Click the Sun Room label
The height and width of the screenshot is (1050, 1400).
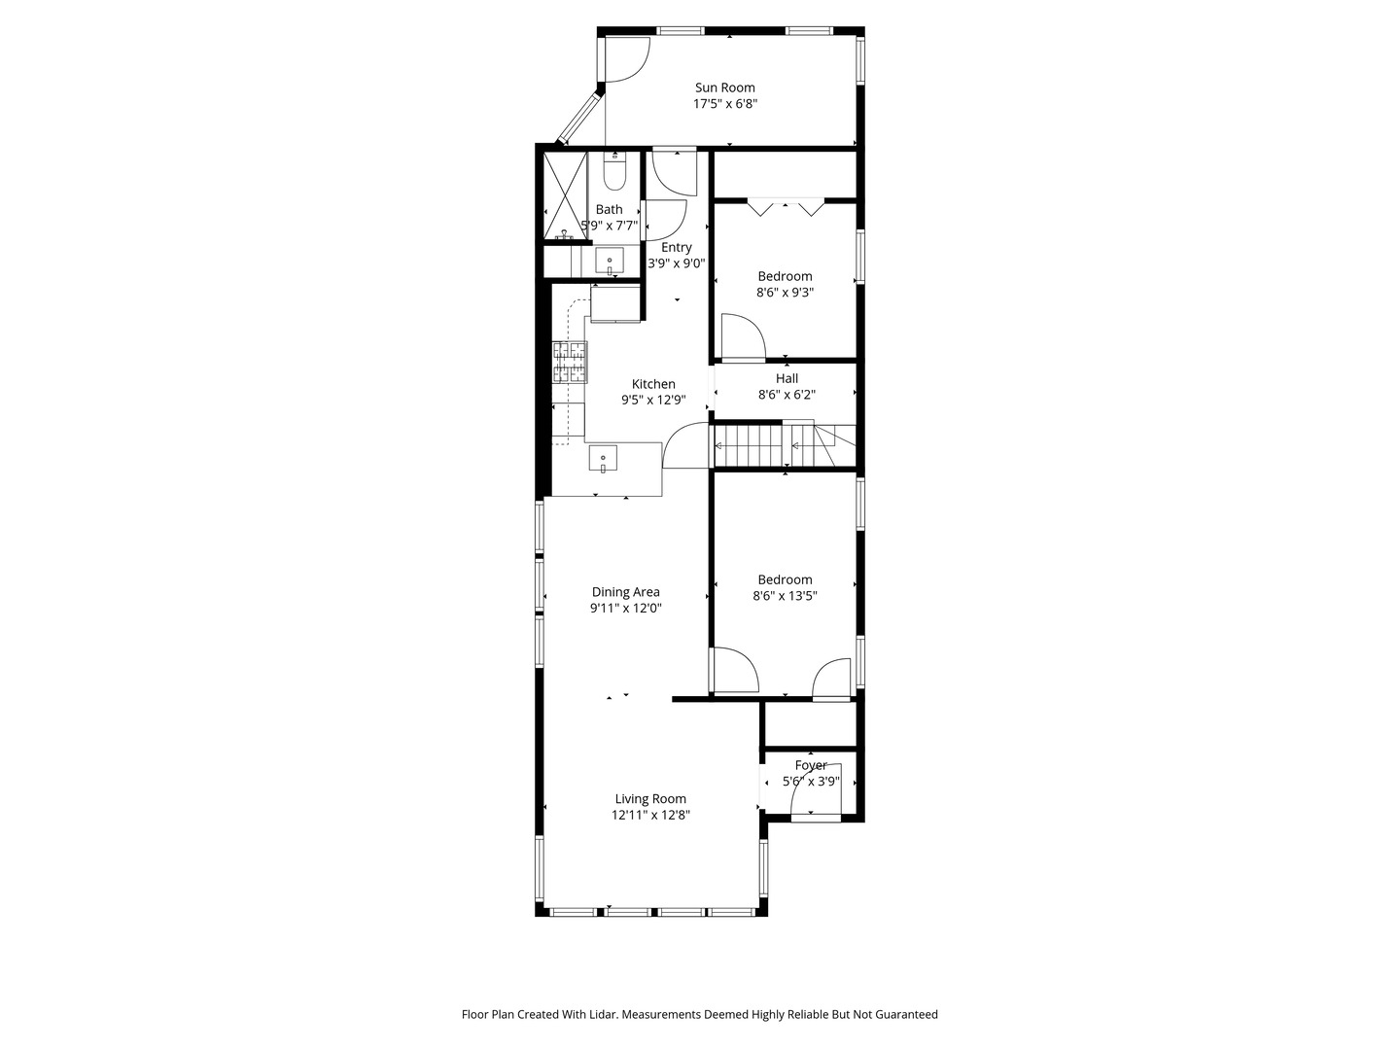[724, 87]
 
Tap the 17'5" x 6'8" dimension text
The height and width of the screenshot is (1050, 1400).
[724, 104]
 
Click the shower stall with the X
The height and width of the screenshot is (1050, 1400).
[565, 195]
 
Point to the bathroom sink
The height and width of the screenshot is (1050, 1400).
[610, 262]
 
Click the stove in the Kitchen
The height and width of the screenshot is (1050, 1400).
[570, 362]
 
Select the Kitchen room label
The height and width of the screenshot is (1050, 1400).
[653, 384]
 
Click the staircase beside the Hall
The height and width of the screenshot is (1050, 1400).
[768, 445]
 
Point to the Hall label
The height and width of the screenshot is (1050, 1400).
[787, 378]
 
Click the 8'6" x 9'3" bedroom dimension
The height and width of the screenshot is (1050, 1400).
[785, 293]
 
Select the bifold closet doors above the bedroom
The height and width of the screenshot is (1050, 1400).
[786, 207]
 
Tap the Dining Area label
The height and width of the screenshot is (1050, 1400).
[625, 592]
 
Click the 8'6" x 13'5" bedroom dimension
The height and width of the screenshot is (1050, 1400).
[785, 596]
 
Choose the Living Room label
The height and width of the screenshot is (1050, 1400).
[650, 799]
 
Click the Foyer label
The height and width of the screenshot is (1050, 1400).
[810, 765]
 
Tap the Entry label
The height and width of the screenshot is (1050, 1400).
[676, 248]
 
